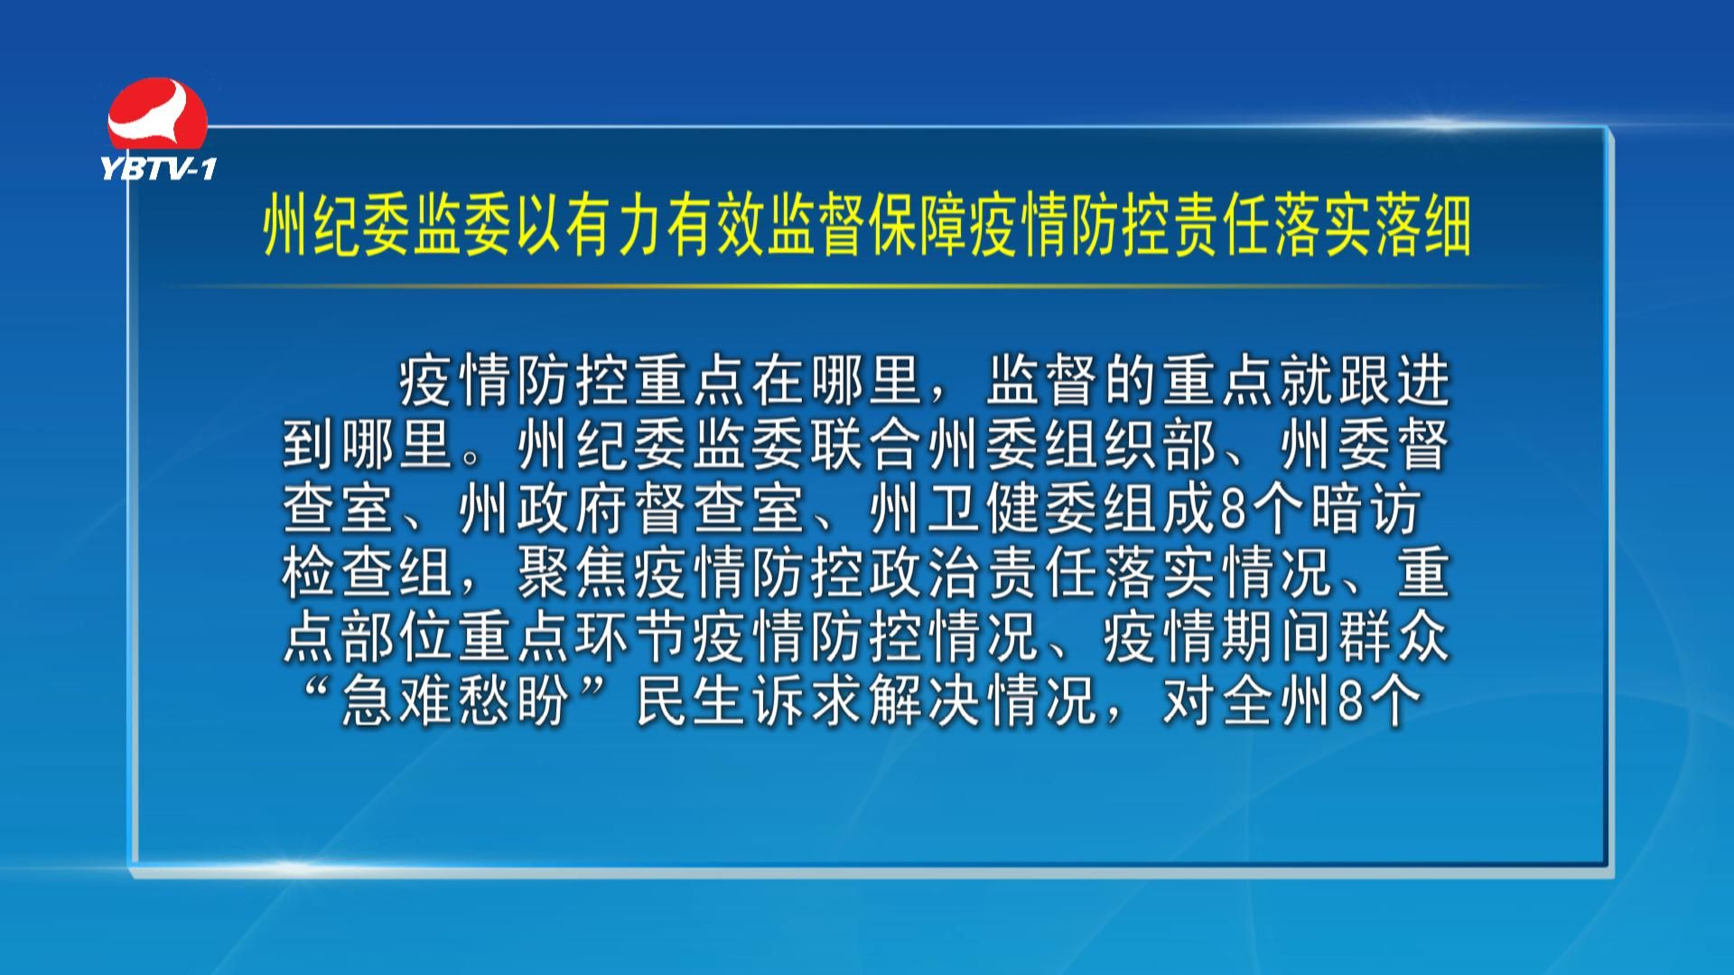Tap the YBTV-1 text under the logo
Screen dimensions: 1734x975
(x=159, y=167)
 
